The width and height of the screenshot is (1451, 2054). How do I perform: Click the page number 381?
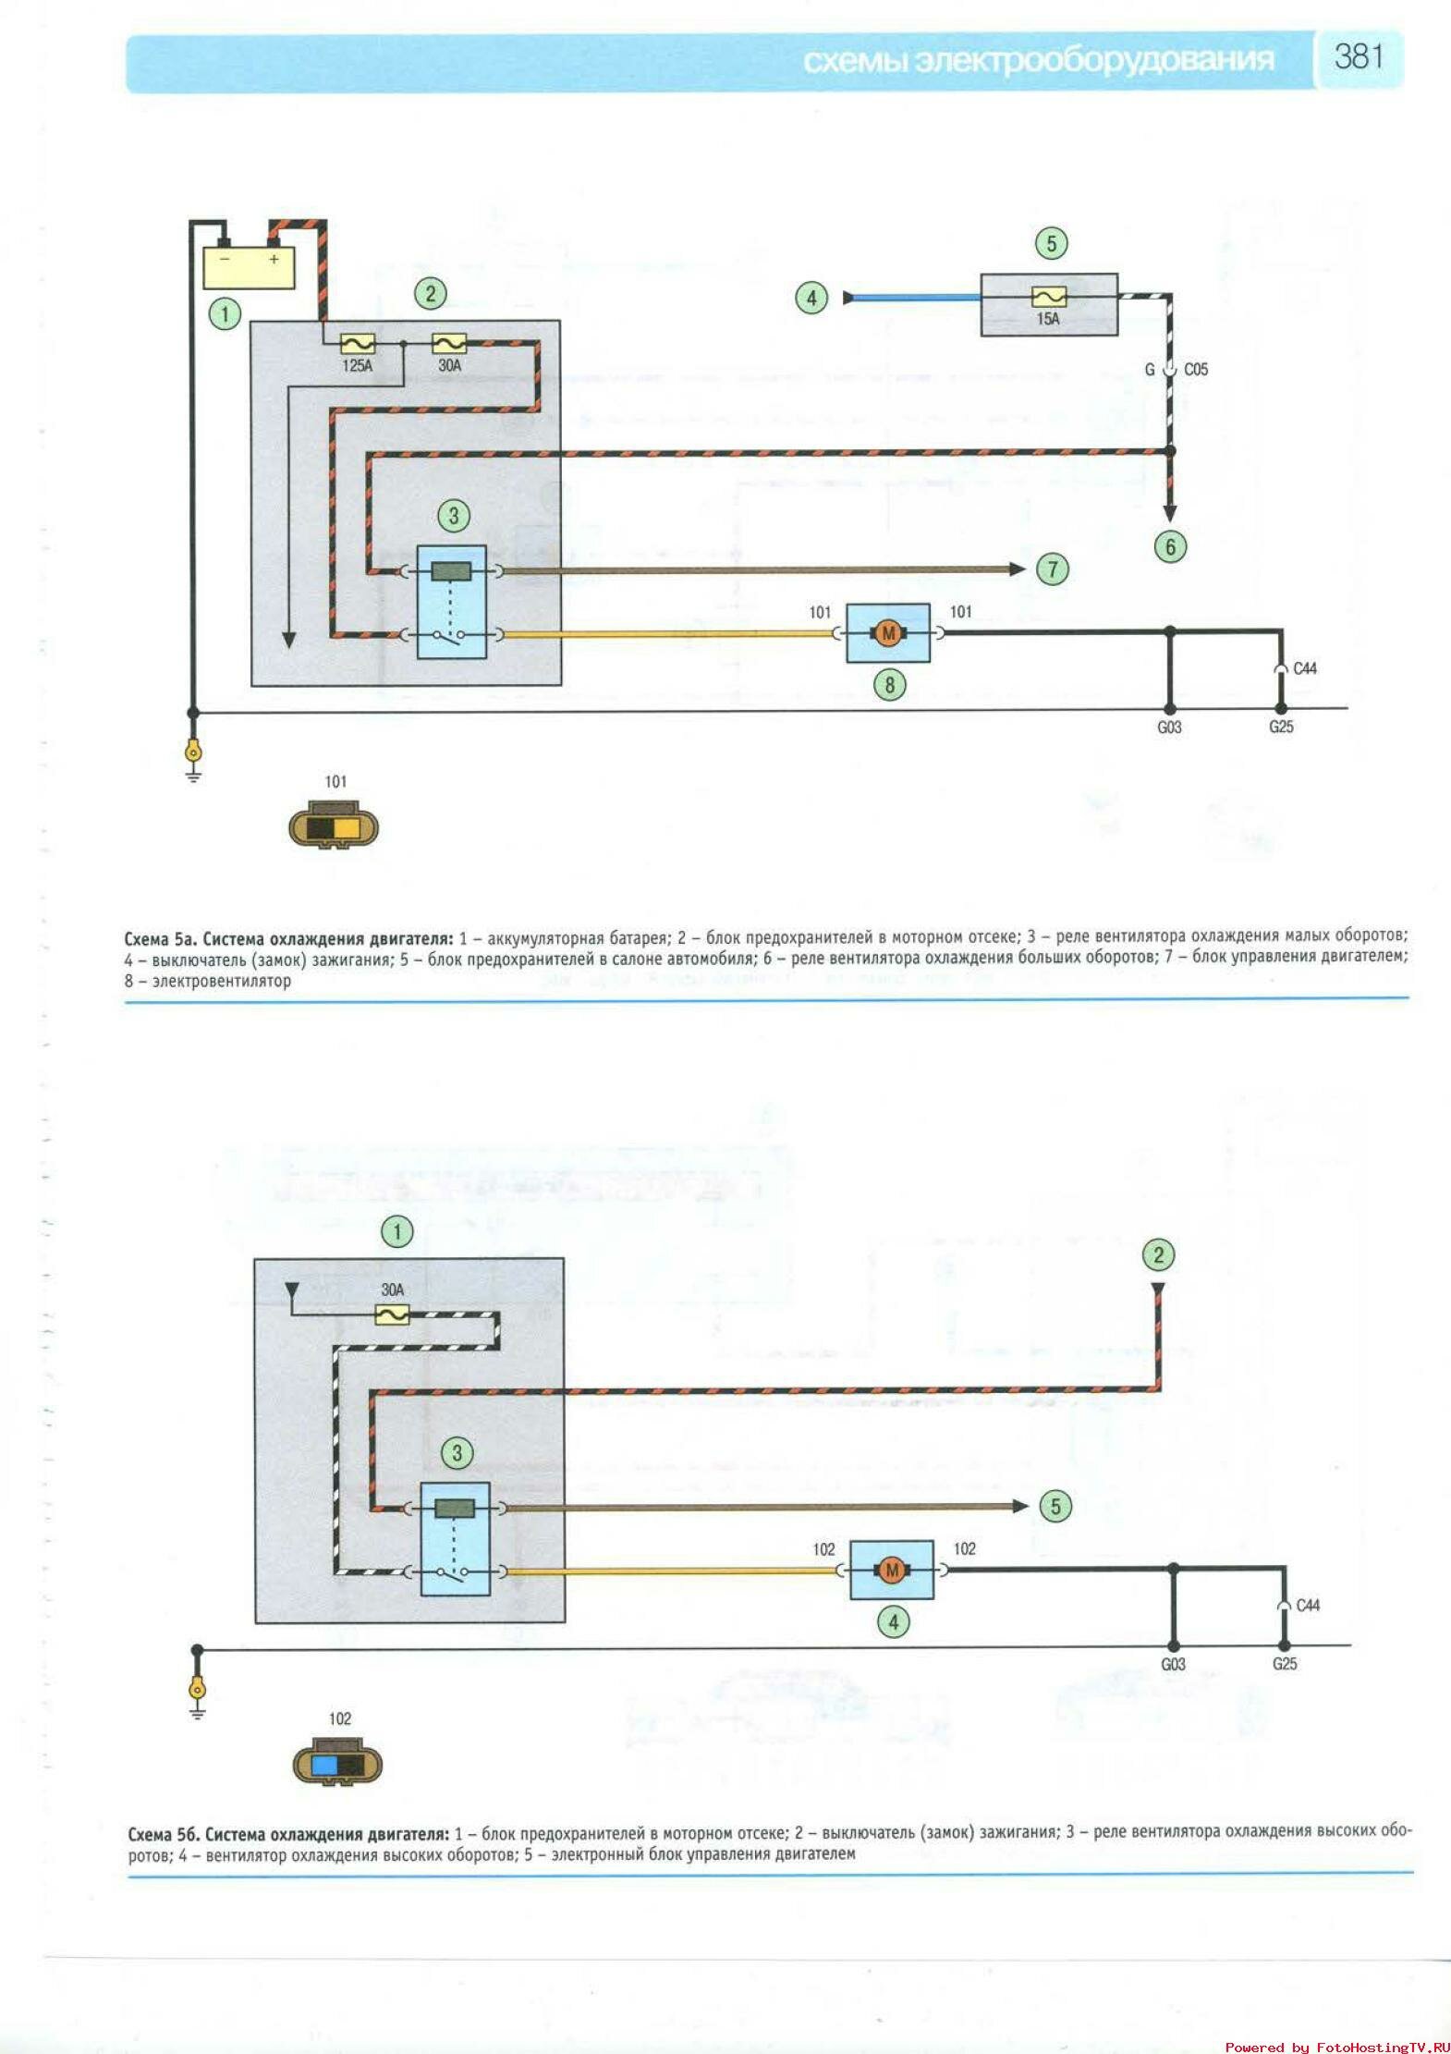pos(1358,57)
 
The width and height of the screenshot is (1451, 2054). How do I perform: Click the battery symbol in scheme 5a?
pos(249,266)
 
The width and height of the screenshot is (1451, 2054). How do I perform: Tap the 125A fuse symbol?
pos(357,344)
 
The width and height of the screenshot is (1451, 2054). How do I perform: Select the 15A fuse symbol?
pos(1048,297)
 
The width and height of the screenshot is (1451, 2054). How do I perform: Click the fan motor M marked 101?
pos(888,633)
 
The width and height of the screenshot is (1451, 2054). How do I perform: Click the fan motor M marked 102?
pos(892,1570)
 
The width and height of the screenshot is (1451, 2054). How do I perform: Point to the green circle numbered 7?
pos(1053,569)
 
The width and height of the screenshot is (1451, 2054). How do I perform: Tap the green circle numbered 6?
pos(1170,546)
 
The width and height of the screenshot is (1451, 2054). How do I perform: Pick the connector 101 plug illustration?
pos(334,826)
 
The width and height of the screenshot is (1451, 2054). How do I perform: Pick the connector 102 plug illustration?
pos(337,1764)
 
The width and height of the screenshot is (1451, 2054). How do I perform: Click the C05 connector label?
pos(1196,370)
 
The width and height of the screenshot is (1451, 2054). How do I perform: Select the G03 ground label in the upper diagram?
pos(1169,727)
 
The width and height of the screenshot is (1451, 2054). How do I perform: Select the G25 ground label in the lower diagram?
pos(1285,1664)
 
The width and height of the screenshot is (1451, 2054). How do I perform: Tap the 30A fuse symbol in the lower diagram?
pos(393,1314)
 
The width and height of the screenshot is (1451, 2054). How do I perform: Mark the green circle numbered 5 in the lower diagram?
pos(1055,1506)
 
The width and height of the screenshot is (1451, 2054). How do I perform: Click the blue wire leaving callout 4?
pos(915,298)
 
